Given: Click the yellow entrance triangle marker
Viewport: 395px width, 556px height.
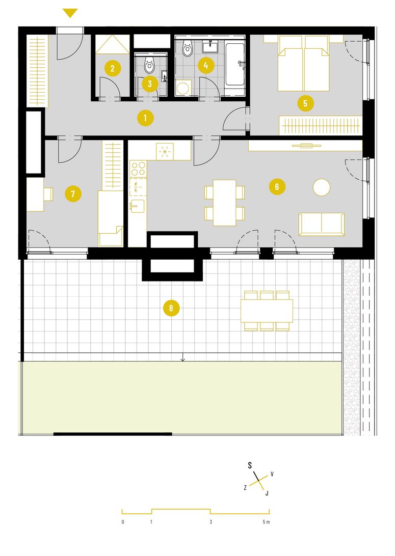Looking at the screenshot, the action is click(70, 13).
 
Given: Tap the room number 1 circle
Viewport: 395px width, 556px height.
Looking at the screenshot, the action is click(145, 118).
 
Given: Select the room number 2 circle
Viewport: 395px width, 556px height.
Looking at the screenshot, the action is click(113, 68).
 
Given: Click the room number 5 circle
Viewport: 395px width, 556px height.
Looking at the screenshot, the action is click(305, 103).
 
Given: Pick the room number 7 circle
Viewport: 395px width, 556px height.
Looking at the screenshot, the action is click(73, 193).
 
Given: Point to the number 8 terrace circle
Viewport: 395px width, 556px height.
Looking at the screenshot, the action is click(171, 308).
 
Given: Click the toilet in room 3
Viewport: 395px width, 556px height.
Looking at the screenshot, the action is click(149, 65).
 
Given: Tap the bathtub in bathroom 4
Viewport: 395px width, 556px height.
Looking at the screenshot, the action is click(235, 65).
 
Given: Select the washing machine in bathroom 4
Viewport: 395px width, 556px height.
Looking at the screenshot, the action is click(183, 87).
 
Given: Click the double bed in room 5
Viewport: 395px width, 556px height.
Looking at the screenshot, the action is click(303, 63).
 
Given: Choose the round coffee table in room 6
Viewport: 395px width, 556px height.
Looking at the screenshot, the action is click(322, 187).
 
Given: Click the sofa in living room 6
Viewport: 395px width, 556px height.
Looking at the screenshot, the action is click(322, 224).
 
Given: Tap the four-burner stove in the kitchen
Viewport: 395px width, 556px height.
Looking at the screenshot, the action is click(138, 169).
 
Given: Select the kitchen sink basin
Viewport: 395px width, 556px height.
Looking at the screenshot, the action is click(138, 206).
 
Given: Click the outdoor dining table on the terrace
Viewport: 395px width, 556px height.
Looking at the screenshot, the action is click(267, 311).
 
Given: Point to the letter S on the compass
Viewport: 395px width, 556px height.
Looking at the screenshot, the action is click(250, 465).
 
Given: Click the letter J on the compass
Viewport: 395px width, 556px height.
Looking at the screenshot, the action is click(267, 493).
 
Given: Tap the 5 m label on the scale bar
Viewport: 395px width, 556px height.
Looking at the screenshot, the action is click(266, 522).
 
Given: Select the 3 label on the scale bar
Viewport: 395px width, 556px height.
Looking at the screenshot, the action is click(211, 522).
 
